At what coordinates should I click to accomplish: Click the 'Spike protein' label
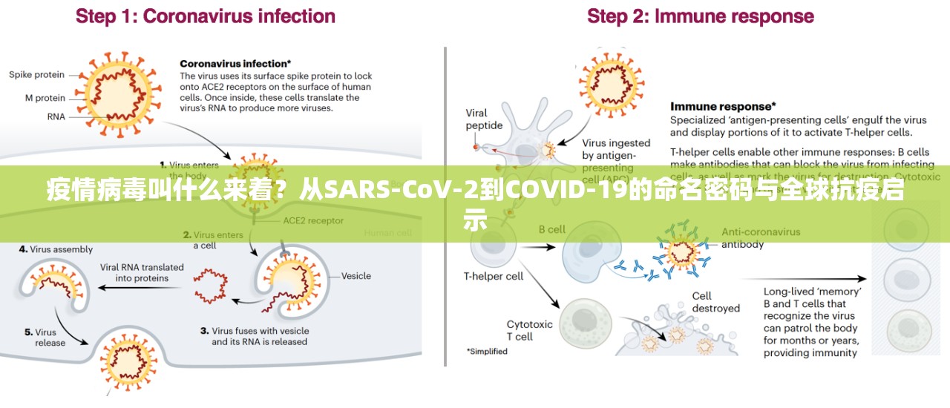(x=36, y=75)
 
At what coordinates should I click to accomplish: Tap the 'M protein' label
(x=45, y=98)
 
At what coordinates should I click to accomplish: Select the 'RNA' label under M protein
(x=56, y=116)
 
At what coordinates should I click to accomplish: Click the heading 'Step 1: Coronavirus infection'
(x=206, y=16)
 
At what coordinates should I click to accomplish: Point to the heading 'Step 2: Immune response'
(x=700, y=16)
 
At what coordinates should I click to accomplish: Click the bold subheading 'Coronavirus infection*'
(x=235, y=64)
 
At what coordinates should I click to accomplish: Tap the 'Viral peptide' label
(x=484, y=119)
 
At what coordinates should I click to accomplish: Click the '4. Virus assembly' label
(x=56, y=250)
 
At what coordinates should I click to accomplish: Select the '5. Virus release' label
(x=45, y=338)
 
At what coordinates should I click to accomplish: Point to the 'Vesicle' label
(x=356, y=276)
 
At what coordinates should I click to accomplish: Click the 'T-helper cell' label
(x=494, y=277)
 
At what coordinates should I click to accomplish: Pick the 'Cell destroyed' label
(x=715, y=302)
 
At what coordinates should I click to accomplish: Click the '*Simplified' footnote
(x=487, y=352)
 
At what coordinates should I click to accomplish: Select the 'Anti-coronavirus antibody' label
(x=761, y=237)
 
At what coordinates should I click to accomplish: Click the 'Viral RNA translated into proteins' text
(x=142, y=273)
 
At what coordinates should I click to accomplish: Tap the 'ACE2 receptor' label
(x=313, y=220)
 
